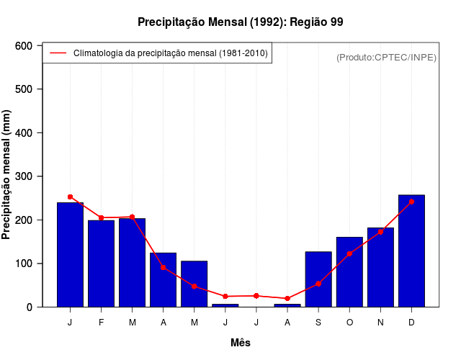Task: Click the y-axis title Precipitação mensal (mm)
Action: pyautogui.click(x=6, y=175)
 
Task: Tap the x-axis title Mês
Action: pyautogui.click(x=241, y=343)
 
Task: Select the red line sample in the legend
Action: pyautogui.click(x=58, y=53)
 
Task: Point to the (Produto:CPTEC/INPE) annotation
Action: pyautogui.click(x=386, y=57)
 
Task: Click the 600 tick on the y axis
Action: pyautogui.click(x=24, y=46)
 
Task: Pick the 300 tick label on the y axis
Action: pyautogui.click(x=24, y=176)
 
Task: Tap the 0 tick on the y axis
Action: pyautogui.click(x=30, y=307)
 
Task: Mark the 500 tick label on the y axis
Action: pyautogui.click(x=24, y=89)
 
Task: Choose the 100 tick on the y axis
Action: pyautogui.click(x=24, y=264)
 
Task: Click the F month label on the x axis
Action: pyautogui.click(x=101, y=323)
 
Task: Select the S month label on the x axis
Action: pyautogui.click(x=318, y=323)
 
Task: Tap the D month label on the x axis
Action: pyautogui.click(x=411, y=323)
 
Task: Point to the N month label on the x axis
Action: pyautogui.click(x=380, y=323)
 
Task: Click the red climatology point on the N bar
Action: pyautogui.click(x=380, y=232)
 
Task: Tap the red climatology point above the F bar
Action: pyautogui.click(x=101, y=217)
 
